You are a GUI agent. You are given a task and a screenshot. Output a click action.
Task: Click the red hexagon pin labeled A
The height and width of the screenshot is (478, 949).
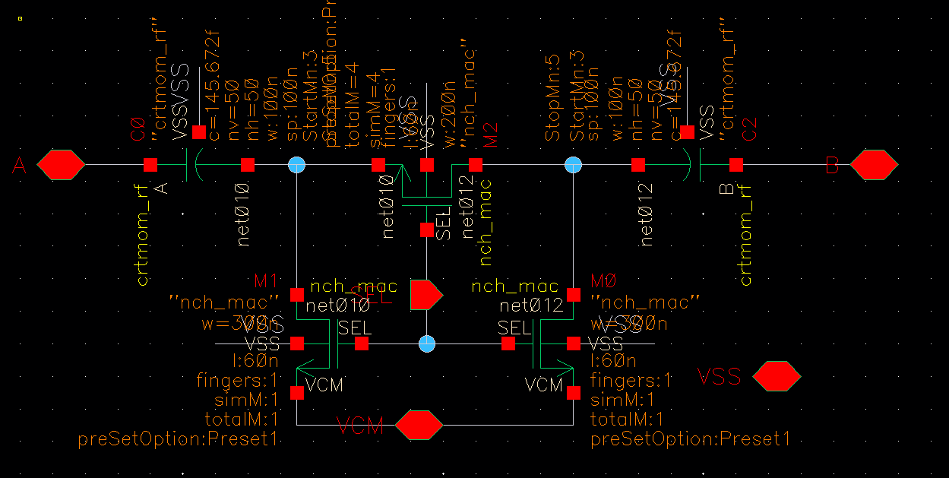(x=61, y=164)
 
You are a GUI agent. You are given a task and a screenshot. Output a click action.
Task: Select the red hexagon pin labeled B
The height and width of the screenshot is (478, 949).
(x=874, y=164)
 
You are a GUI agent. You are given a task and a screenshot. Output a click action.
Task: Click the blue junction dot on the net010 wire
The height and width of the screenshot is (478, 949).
(x=297, y=164)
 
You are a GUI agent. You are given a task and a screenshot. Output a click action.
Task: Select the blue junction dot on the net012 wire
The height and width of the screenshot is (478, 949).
(x=574, y=164)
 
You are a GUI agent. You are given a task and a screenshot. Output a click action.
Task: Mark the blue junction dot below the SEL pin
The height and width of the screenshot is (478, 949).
(x=427, y=343)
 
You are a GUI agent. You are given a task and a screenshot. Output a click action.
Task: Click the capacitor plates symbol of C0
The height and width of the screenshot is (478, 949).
(x=191, y=164)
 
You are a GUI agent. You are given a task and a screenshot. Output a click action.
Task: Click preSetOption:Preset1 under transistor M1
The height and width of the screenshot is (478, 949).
(x=179, y=439)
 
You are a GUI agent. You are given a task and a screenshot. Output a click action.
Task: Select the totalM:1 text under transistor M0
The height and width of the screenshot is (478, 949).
(x=627, y=419)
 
